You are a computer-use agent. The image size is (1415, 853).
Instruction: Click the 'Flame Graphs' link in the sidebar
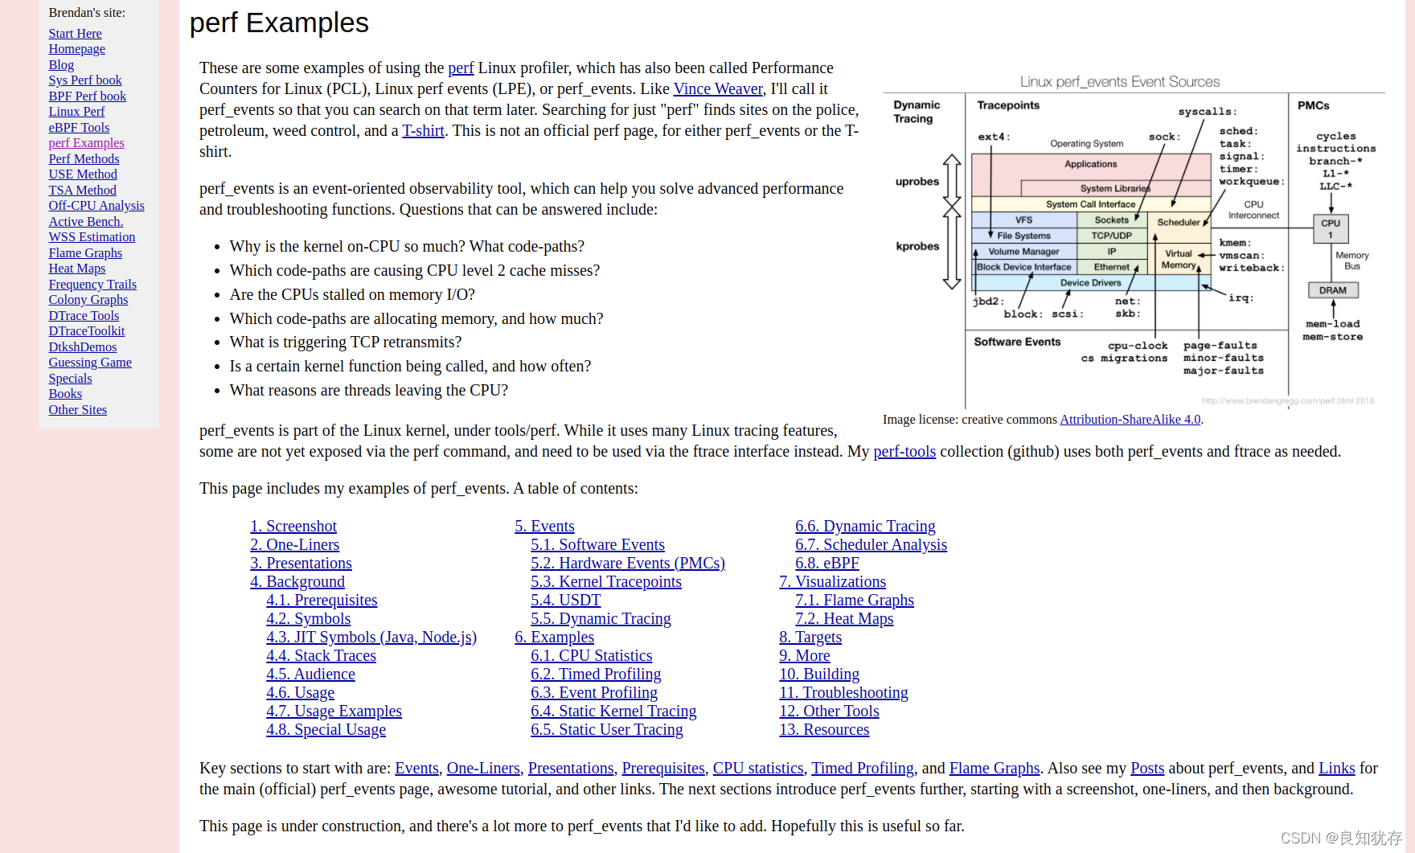[x=85, y=253]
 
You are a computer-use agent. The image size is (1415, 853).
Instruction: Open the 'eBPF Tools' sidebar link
[x=79, y=128]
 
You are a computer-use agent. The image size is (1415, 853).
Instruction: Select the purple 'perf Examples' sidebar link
[x=86, y=143]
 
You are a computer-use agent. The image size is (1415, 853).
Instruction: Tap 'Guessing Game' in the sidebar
[x=90, y=363]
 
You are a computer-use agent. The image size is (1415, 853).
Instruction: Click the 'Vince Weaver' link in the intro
[x=718, y=89]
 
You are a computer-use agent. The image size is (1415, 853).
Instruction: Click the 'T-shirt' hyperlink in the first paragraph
[x=423, y=131]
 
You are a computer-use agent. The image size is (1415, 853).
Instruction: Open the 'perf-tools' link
[x=904, y=452]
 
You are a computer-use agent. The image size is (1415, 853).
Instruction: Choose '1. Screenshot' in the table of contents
[x=293, y=527]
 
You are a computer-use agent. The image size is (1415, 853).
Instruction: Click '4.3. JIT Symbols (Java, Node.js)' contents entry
[x=371, y=638]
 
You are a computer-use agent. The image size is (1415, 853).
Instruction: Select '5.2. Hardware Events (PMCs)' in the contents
[x=628, y=564]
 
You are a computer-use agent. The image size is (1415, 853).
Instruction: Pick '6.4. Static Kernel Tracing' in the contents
[x=613, y=712]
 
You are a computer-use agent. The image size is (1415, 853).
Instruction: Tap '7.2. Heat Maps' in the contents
[x=844, y=619]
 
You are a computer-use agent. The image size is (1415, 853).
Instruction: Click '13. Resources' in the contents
[x=824, y=730]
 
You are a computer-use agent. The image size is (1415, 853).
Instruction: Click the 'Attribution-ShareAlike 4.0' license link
[x=1130, y=420]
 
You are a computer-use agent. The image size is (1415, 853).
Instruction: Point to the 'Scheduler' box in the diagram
[x=1178, y=223]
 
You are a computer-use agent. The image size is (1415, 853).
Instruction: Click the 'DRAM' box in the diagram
[x=1332, y=290]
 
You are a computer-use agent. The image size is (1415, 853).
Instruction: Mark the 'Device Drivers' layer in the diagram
[x=1090, y=283]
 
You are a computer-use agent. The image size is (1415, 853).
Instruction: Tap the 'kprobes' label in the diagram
[x=917, y=247]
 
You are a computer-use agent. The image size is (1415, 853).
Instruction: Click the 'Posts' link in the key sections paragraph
[x=1147, y=769]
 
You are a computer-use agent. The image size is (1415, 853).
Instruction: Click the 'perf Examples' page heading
[x=279, y=23]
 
